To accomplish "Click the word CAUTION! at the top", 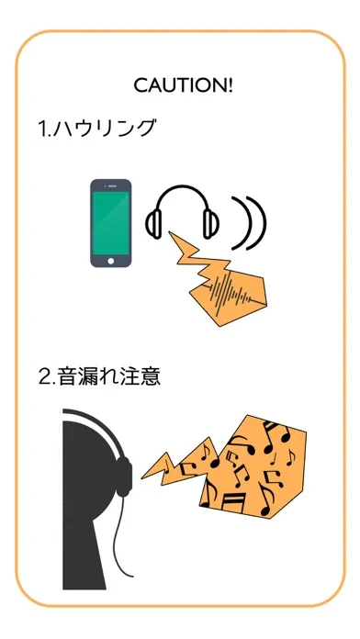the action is point(184,85).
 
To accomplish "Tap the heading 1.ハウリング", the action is point(97,129).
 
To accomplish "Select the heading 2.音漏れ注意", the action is point(99,376).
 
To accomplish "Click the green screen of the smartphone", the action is point(111,222).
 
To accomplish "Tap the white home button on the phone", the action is point(111,261).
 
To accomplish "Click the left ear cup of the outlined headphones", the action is point(153,224).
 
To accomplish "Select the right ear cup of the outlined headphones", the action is point(211,224).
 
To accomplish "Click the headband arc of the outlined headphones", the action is point(182,186).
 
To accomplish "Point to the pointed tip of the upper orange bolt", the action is point(169,232).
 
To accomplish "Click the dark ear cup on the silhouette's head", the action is point(124,476).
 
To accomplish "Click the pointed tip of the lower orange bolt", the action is point(141,477).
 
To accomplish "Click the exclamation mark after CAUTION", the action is point(231,85).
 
